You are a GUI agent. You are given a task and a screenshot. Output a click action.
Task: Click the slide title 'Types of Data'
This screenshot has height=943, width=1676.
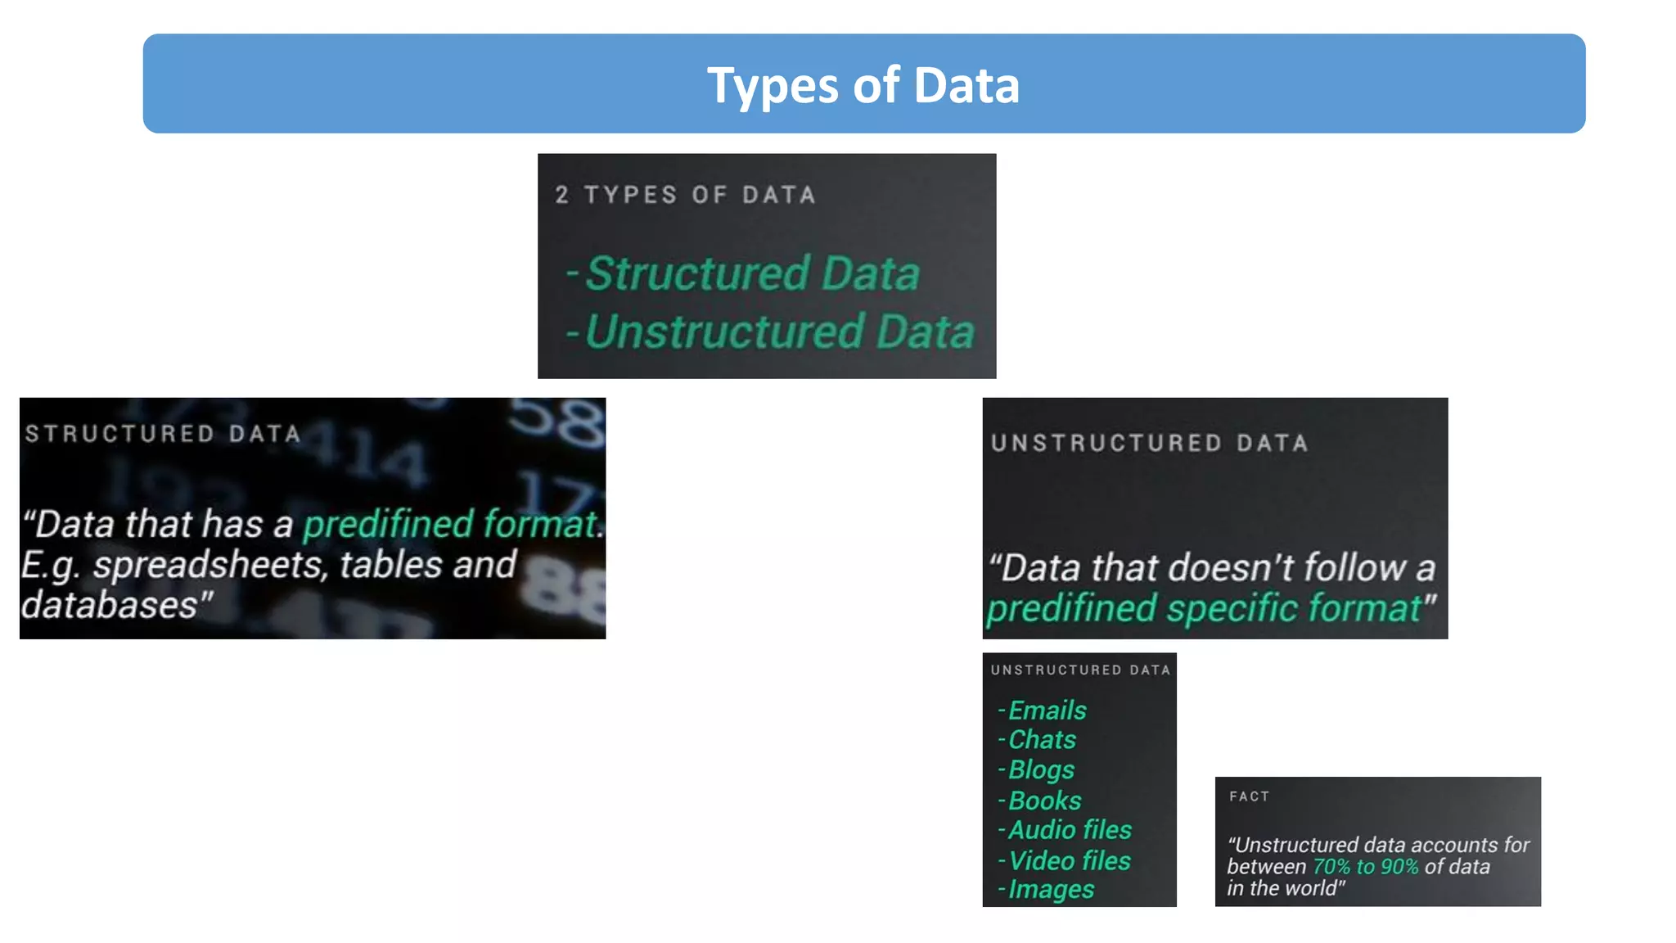tap(863, 85)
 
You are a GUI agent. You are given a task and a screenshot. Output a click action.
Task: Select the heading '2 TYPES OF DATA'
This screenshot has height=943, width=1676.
tap(686, 195)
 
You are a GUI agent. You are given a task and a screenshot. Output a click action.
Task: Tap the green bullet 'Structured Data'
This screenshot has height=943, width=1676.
tap(753, 273)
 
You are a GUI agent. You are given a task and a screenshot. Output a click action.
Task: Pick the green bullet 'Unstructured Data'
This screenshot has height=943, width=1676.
tap(779, 332)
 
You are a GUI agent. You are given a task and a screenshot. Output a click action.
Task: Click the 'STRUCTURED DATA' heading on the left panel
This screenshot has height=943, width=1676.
tap(163, 433)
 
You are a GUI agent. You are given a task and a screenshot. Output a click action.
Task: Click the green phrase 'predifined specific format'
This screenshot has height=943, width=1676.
tap(1204, 608)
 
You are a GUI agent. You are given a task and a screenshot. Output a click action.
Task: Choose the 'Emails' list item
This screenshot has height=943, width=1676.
tap(1047, 710)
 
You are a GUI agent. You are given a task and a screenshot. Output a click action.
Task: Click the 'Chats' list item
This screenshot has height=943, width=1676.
tap(1042, 739)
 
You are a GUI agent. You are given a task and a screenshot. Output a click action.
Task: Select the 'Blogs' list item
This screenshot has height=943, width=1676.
tap(1041, 769)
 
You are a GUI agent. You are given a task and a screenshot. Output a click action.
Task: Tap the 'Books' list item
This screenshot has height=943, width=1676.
tap(1044, 800)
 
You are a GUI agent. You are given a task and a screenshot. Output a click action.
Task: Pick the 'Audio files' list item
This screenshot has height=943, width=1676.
tap(1070, 830)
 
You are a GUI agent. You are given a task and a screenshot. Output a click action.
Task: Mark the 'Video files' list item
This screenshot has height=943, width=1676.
tap(1069, 860)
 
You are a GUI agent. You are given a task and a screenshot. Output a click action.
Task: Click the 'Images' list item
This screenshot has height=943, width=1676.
tap(1051, 889)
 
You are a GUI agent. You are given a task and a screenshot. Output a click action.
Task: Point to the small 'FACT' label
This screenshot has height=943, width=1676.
tap(1249, 796)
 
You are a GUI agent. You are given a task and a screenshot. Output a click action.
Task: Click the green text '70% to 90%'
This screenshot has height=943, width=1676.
tap(1365, 866)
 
